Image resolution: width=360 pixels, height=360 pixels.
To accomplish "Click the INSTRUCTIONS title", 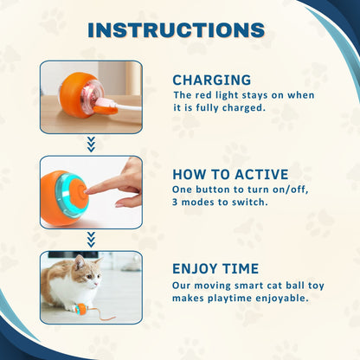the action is [177, 30].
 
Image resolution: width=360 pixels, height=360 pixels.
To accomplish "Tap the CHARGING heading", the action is [212, 80].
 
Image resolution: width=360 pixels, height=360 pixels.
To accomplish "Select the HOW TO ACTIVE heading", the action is [230, 175].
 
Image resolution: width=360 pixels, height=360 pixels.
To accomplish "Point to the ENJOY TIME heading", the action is [215, 268].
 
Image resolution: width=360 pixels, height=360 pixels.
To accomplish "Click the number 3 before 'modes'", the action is [175, 202].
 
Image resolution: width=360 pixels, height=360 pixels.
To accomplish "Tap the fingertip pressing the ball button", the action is [87, 190].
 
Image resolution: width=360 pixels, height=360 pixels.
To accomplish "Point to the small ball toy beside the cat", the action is [80, 309].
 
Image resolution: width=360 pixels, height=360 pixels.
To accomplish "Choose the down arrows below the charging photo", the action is [91, 145].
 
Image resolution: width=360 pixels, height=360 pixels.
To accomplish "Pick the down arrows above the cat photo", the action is [91, 240].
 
